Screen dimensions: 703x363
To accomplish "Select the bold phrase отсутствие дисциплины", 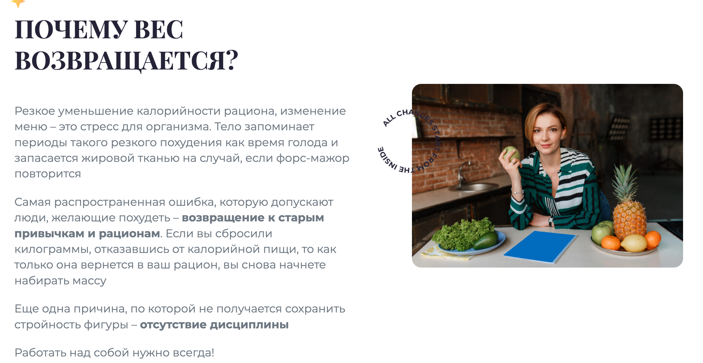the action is click(x=214, y=325).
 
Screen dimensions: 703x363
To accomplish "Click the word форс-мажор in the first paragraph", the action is click(x=313, y=158).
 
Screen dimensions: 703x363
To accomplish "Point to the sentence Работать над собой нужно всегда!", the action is click(x=114, y=353).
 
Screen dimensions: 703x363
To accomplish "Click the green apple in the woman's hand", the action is click(x=511, y=153).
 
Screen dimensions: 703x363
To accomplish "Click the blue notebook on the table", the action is click(x=540, y=246).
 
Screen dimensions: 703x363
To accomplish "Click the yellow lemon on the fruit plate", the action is click(x=634, y=243).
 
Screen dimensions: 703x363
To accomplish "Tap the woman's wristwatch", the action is click(x=551, y=221).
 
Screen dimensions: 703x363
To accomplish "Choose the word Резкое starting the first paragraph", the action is click(x=35, y=111).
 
